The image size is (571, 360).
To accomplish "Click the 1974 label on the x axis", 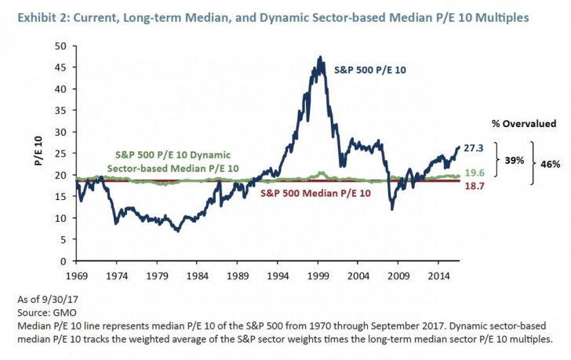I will (x=117, y=277).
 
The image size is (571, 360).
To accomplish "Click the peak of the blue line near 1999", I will (x=320, y=57).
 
